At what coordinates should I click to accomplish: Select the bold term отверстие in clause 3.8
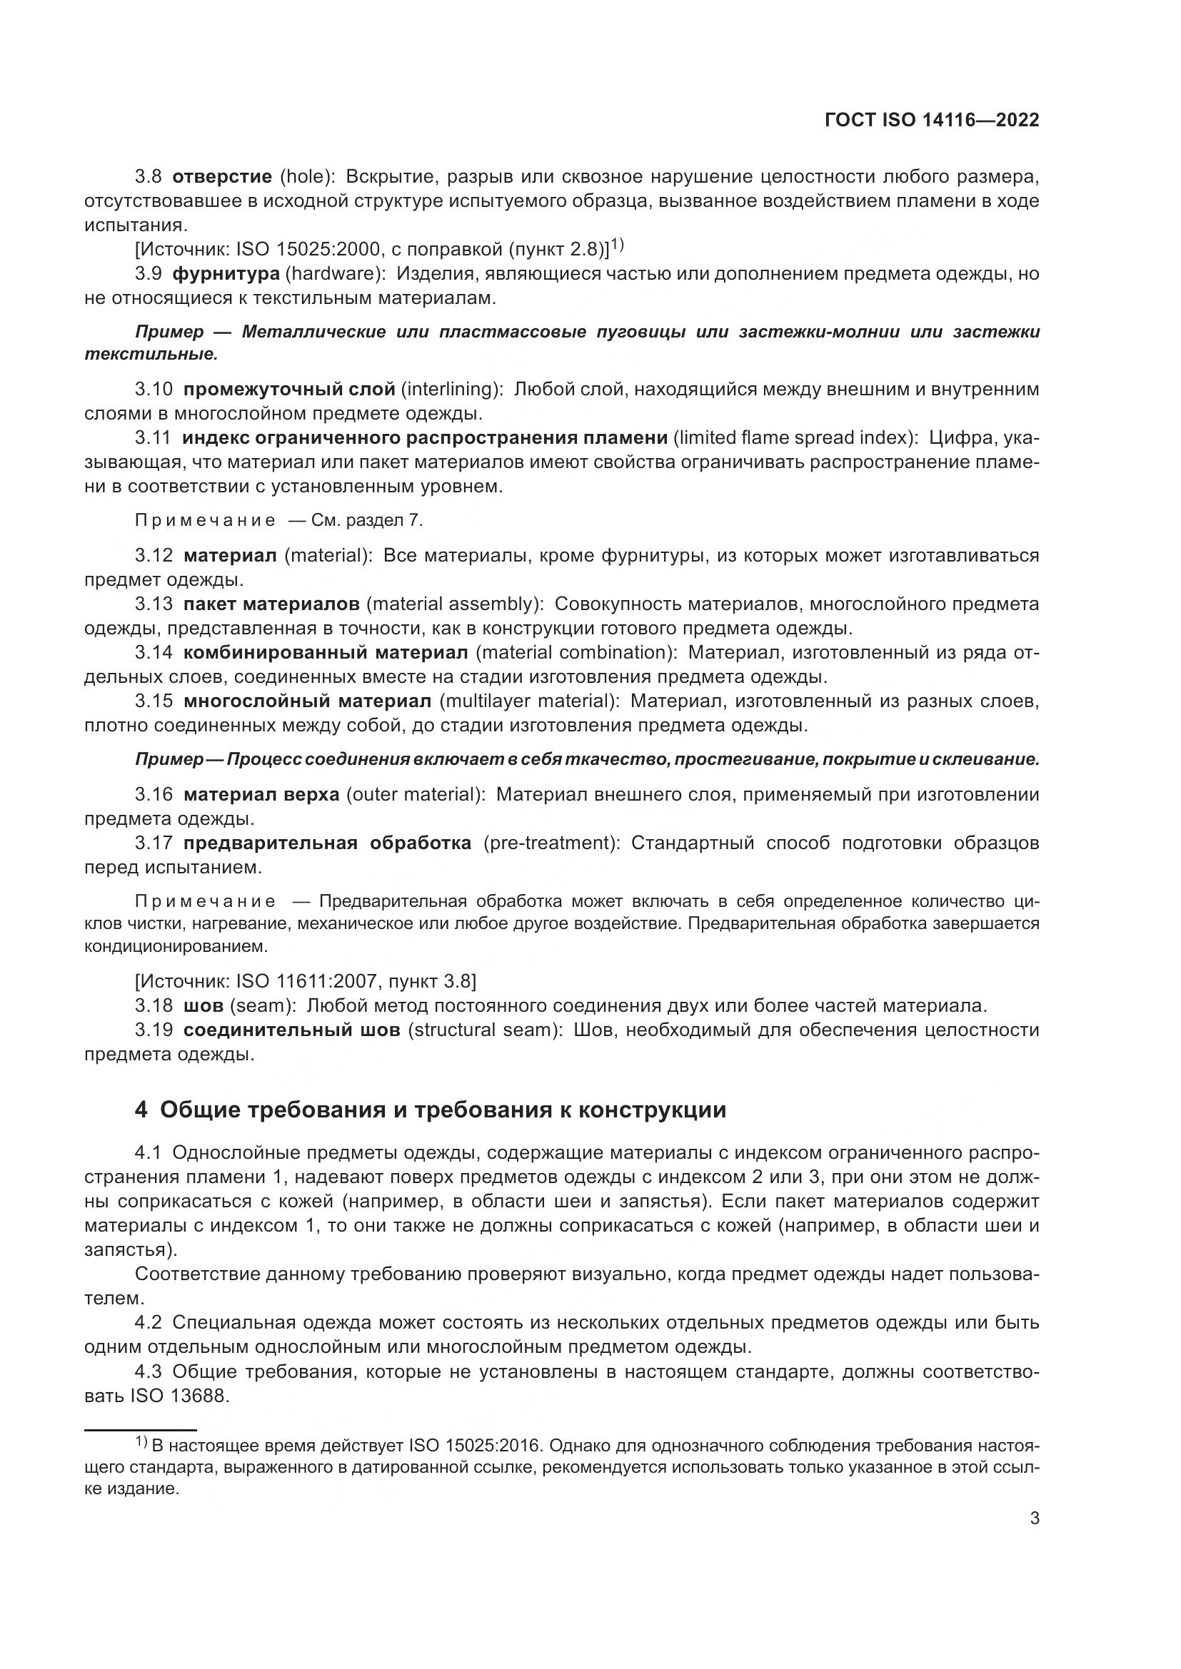(x=223, y=177)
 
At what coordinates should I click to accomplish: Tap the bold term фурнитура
(x=226, y=274)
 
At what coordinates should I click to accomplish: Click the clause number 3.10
(x=154, y=390)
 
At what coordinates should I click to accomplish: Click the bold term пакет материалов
(x=271, y=604)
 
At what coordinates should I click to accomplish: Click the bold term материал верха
(x=261, y=794)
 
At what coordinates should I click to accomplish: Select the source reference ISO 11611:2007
(x=306, y=982)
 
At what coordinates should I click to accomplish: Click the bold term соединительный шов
(x=291, y=1031)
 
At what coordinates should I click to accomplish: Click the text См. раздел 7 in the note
(x=366, y=520)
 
